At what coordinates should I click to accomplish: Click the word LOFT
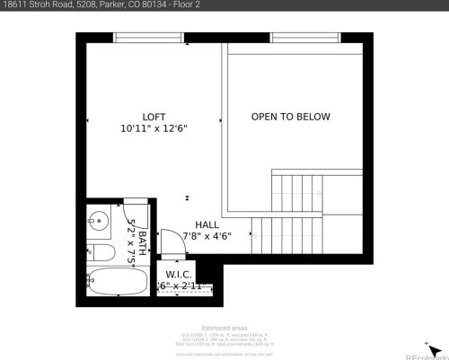154,117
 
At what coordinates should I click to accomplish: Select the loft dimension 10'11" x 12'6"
154,128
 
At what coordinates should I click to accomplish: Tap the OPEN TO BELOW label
290,117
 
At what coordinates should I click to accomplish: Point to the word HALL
207,225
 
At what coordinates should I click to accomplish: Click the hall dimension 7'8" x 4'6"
207,237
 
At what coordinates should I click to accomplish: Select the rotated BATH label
142,232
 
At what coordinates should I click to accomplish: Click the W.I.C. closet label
183,275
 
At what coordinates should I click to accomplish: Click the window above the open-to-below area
297,37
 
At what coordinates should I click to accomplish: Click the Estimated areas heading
224,329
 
